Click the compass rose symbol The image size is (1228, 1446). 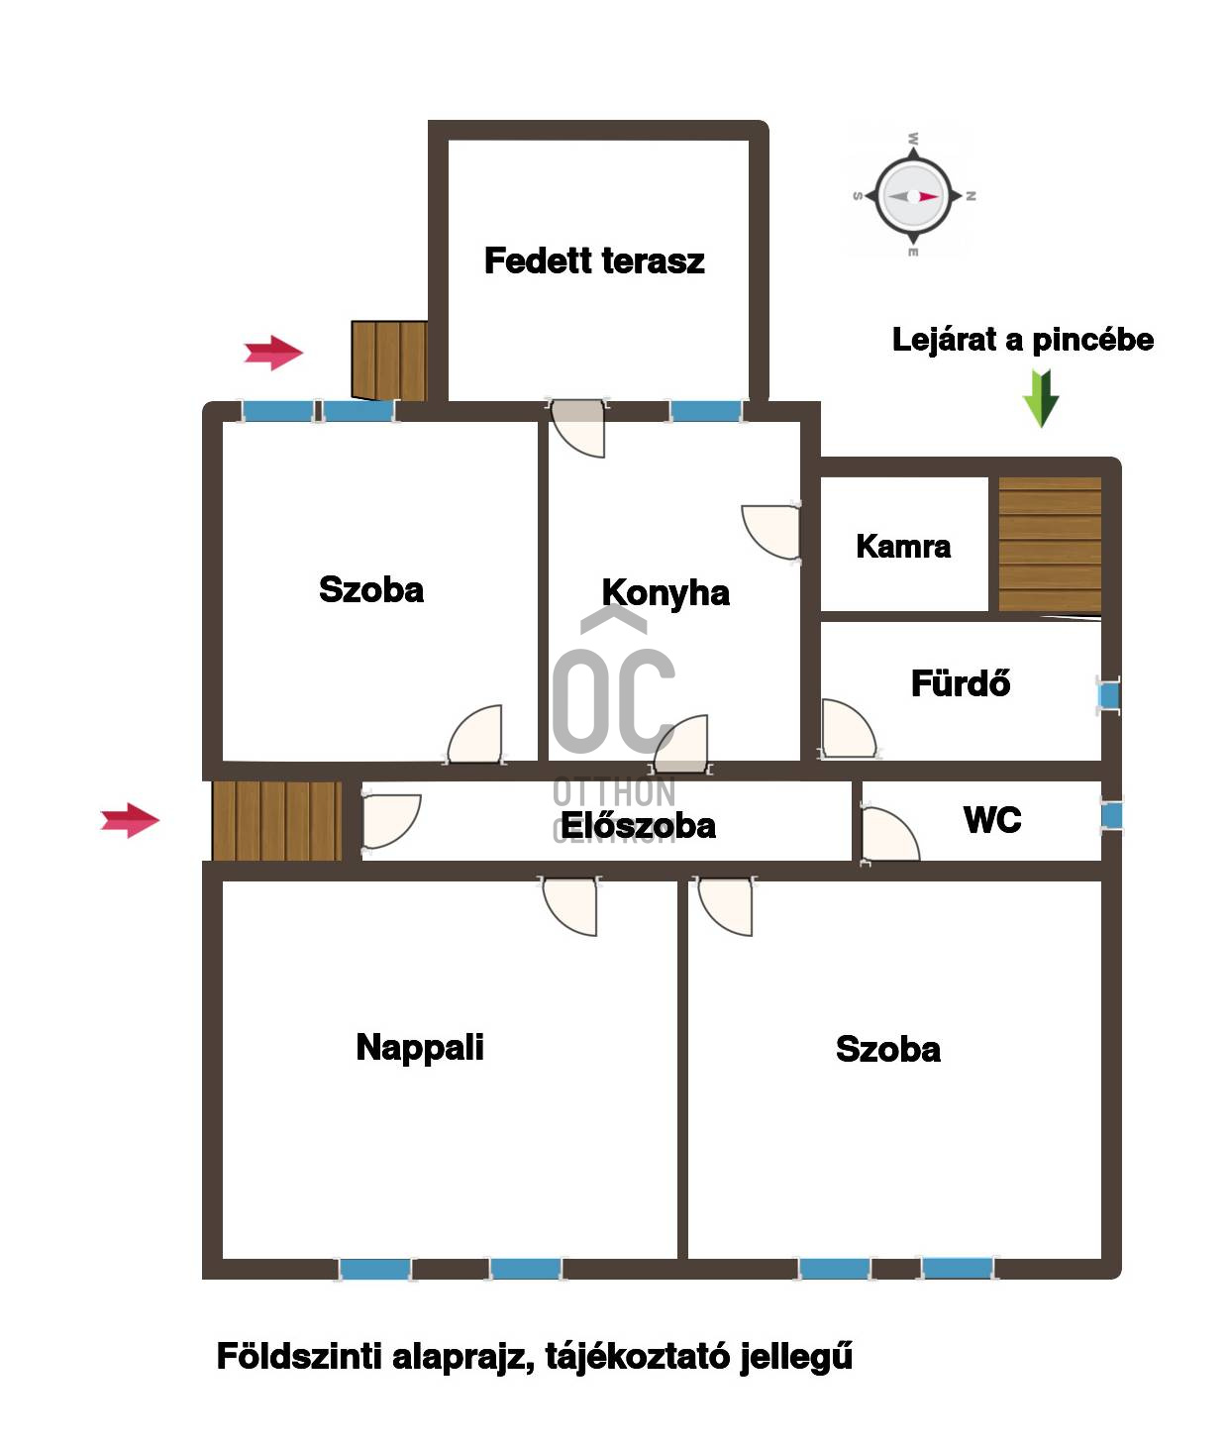[913, 196]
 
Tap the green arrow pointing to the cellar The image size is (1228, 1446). [1041, 398]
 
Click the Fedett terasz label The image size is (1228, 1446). [594, 260]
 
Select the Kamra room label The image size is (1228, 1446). [902, 547]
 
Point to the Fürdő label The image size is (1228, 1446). [960, 682]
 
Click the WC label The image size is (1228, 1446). [991, 820]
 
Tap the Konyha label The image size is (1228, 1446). [665, 593]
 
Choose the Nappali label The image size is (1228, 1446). [419, 1048]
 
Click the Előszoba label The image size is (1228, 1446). [638, 825]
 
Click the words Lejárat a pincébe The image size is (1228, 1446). [1022, 340]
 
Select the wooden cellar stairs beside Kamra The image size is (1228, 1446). [1050, 545]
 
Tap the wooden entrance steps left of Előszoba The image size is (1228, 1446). [277, 821]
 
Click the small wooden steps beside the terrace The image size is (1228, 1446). [389, 361]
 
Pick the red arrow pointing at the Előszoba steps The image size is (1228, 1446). [130, 820]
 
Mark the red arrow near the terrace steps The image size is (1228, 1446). [273, 353]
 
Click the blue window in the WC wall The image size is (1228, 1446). [1111, 816]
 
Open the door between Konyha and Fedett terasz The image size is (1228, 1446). [577, 428]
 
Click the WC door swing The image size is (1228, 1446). [889, 835]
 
